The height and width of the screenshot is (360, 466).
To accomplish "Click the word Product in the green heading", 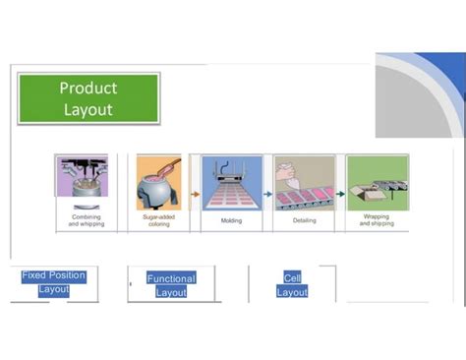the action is click(88, 89).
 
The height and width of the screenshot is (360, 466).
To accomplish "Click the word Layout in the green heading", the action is click(88, 109).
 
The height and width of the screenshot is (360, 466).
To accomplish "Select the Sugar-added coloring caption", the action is click(158, 220).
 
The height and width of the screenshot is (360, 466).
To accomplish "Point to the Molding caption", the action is click(231, 221).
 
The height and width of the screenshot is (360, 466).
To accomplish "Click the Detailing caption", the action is click(304, 221).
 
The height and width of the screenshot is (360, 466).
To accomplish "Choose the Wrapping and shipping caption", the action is click(377, 220).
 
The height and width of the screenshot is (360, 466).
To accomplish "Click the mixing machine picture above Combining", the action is click(83, 182).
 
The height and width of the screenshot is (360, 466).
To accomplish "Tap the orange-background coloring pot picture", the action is click(159, 182).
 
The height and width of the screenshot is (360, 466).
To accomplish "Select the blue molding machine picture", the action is click(232, 182).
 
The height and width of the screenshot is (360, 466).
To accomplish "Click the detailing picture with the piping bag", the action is click(304, 182).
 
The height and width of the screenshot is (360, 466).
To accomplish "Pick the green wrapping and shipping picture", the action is click(377, 182).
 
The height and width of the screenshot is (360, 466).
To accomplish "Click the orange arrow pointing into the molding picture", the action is click(195, 194).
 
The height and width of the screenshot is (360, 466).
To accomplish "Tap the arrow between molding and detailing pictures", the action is click(268, 194).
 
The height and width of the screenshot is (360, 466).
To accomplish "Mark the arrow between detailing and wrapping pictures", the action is click(340, 194).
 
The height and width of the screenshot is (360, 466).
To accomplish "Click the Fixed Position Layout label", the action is click(54, 282).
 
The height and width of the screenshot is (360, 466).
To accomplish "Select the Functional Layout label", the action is click(171, 285).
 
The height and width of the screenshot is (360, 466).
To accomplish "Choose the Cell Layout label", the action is click(292, 285).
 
